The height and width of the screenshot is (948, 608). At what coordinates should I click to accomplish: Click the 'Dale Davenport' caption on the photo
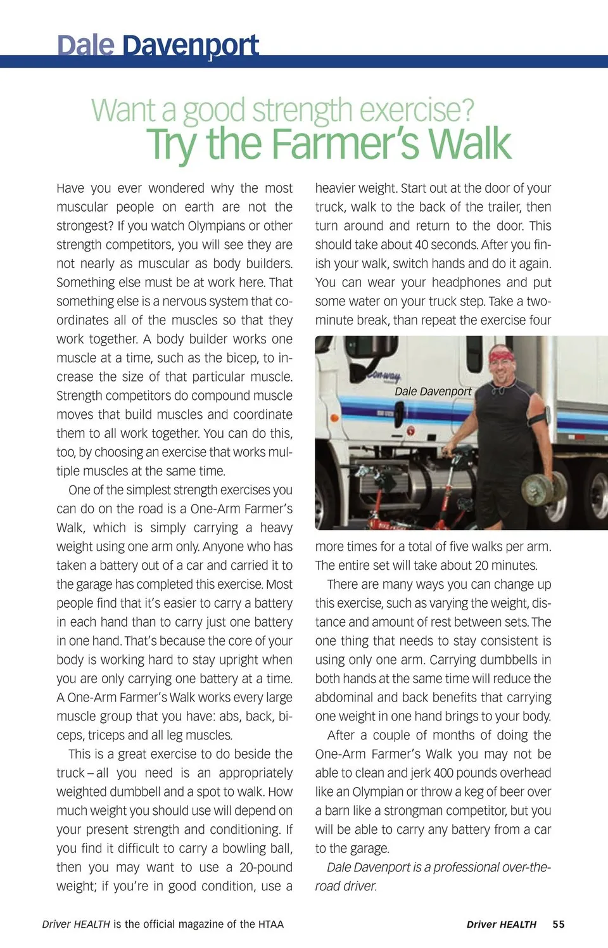click(433, 392)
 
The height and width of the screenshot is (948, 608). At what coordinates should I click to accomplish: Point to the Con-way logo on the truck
click(384, 376)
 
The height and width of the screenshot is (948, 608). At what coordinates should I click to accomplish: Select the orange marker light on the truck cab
click(410, 431)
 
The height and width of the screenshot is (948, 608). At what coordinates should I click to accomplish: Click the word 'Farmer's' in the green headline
click(345, 144)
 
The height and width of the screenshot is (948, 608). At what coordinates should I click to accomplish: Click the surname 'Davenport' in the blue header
click(190, 46)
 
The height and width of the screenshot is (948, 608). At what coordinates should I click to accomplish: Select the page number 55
click(558, 924)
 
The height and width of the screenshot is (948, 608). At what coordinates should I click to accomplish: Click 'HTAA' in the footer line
click(271, 924)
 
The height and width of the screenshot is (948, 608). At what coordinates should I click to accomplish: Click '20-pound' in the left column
click(266, 868)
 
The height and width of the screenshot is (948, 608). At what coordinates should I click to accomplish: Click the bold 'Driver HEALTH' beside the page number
click(501, 924)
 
